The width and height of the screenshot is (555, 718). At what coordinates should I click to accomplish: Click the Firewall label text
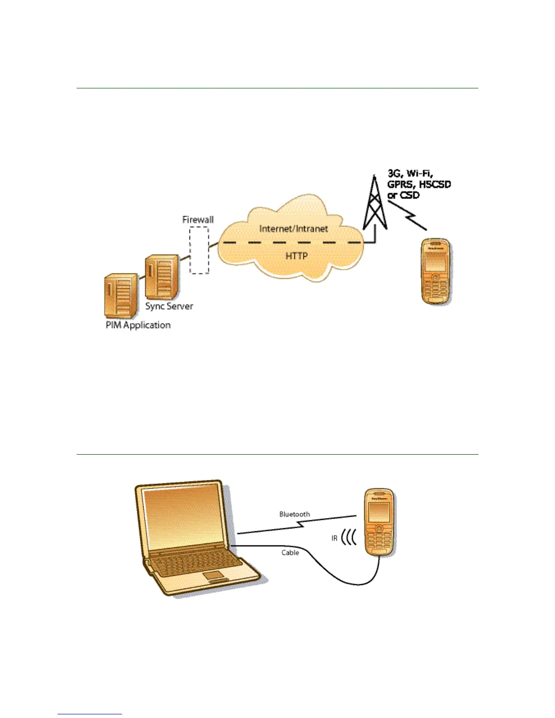pyautogui.click(x=198, y=220)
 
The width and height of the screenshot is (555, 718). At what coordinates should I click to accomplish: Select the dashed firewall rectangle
pyautogui.click(x=199, y=250)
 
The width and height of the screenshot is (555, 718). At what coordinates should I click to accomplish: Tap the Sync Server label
pyautogui.click(x=169, y=306)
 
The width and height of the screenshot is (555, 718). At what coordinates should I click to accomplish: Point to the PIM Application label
pyautogui.click(x=138, y=325)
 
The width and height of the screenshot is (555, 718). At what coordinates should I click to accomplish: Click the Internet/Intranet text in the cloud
pyautogui.click(x=293, y=229)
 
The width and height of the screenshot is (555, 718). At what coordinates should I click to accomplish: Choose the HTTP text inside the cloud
pyautogui.click(x=297, y=256)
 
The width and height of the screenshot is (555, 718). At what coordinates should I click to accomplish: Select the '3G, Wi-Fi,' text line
pyautogui.click(x=410, y=173)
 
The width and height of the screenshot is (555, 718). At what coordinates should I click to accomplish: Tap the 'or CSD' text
pyautogui.click(x=403, y=195)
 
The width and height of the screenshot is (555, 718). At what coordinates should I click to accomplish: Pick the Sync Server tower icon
pyautogui.click(x=162, y=277)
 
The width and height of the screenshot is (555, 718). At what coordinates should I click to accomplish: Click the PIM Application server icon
pyautogui.click(x=121, y=296)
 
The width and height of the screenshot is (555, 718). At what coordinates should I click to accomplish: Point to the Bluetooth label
pyautogui.click(x=295, y=514)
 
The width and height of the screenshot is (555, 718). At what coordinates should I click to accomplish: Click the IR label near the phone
pyautogui.click(x=334, y=538)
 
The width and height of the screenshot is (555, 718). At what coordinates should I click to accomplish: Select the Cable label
pyautogui.click(x=290, y=553)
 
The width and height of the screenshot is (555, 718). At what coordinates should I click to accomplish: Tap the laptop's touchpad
pyautogui.click(x=215, y=576)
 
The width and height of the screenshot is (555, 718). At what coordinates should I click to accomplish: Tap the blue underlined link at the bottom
pyautogui.click(x=90, y=714)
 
